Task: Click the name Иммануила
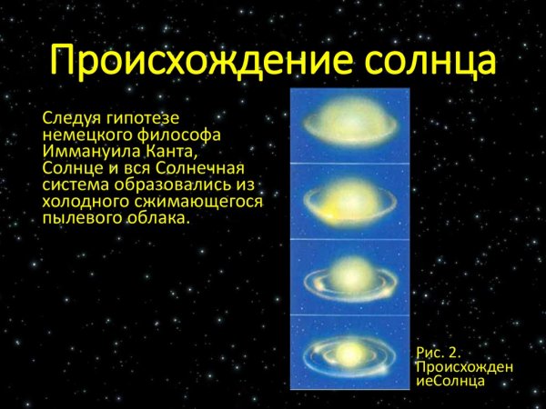tap(90, 152)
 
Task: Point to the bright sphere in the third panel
tap(349, 273)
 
